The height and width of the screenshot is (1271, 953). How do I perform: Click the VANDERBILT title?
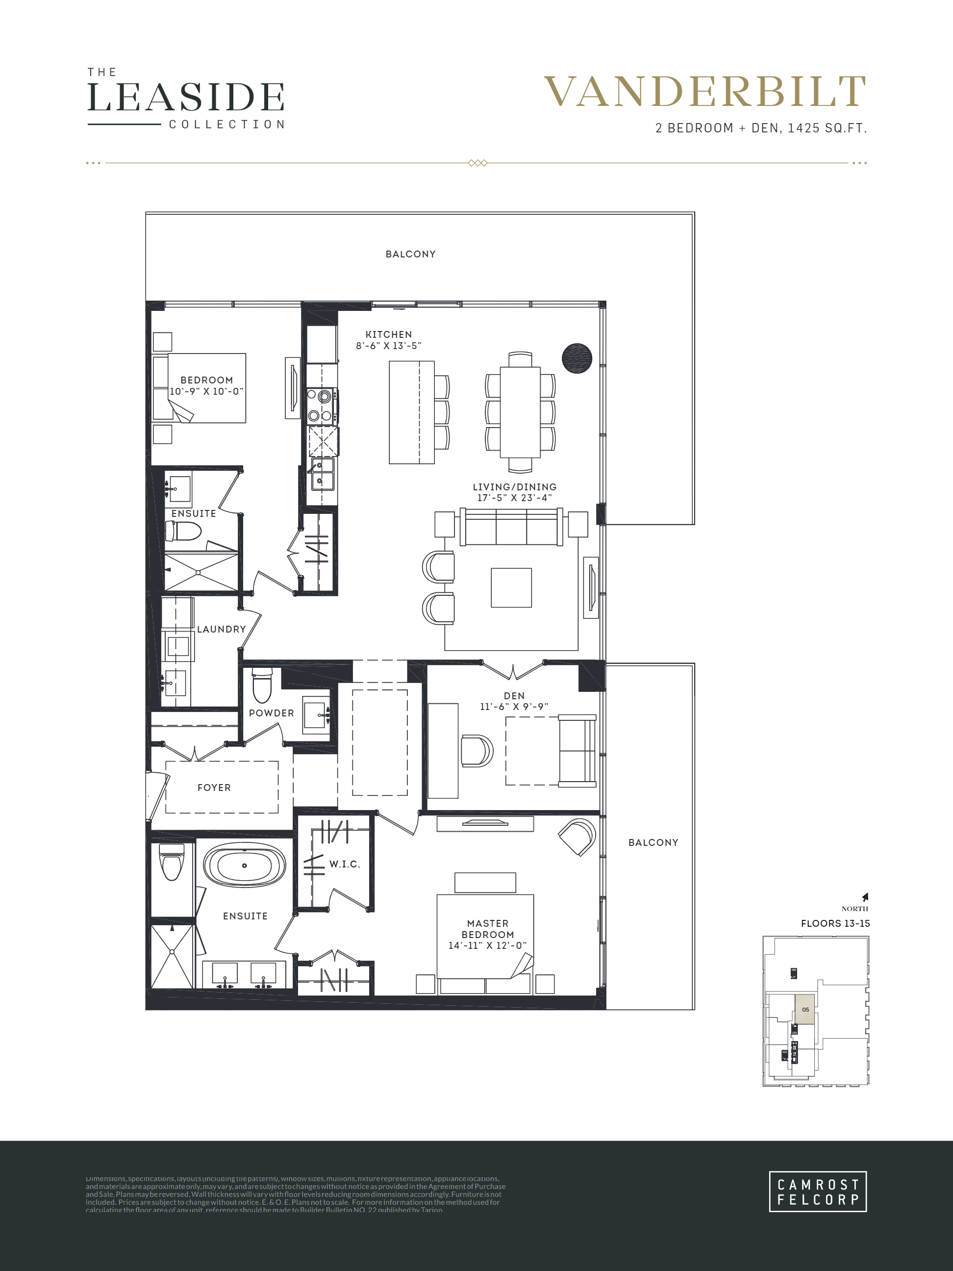(x=704, y=92)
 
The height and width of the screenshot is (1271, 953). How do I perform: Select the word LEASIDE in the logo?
(x=185, y=97)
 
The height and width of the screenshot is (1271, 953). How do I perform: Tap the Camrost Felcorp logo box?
(x=817, y=1192)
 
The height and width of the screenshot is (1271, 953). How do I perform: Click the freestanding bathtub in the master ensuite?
(x=244, y=866)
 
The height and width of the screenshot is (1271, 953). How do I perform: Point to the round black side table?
(x=577, y=358)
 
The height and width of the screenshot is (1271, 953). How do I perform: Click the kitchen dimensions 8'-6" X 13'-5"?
(x=388, y=346)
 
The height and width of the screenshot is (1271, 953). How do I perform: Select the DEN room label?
(x=514, y=696)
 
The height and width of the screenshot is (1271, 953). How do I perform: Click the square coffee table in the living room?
(x=511, y=587)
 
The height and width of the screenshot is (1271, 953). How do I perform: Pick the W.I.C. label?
(x=344, y=864)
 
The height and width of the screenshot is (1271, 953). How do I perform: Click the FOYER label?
(x=214, y=788)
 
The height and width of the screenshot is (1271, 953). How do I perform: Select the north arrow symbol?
(x=865, y=897)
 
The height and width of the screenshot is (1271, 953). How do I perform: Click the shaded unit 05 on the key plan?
(x=805, y=1010)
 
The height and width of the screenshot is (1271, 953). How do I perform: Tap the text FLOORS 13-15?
(x=835, y=923)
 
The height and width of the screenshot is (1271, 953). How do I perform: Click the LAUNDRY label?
(x=221, y=629)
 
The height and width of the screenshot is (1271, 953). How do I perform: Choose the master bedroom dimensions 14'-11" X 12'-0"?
(x=487, y=945)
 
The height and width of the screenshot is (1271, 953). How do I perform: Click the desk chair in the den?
(x=476, y=750)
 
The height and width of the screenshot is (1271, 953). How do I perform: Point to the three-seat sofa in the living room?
(x=511, y=528)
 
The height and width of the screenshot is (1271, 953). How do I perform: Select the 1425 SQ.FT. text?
(x=827, y=128)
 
